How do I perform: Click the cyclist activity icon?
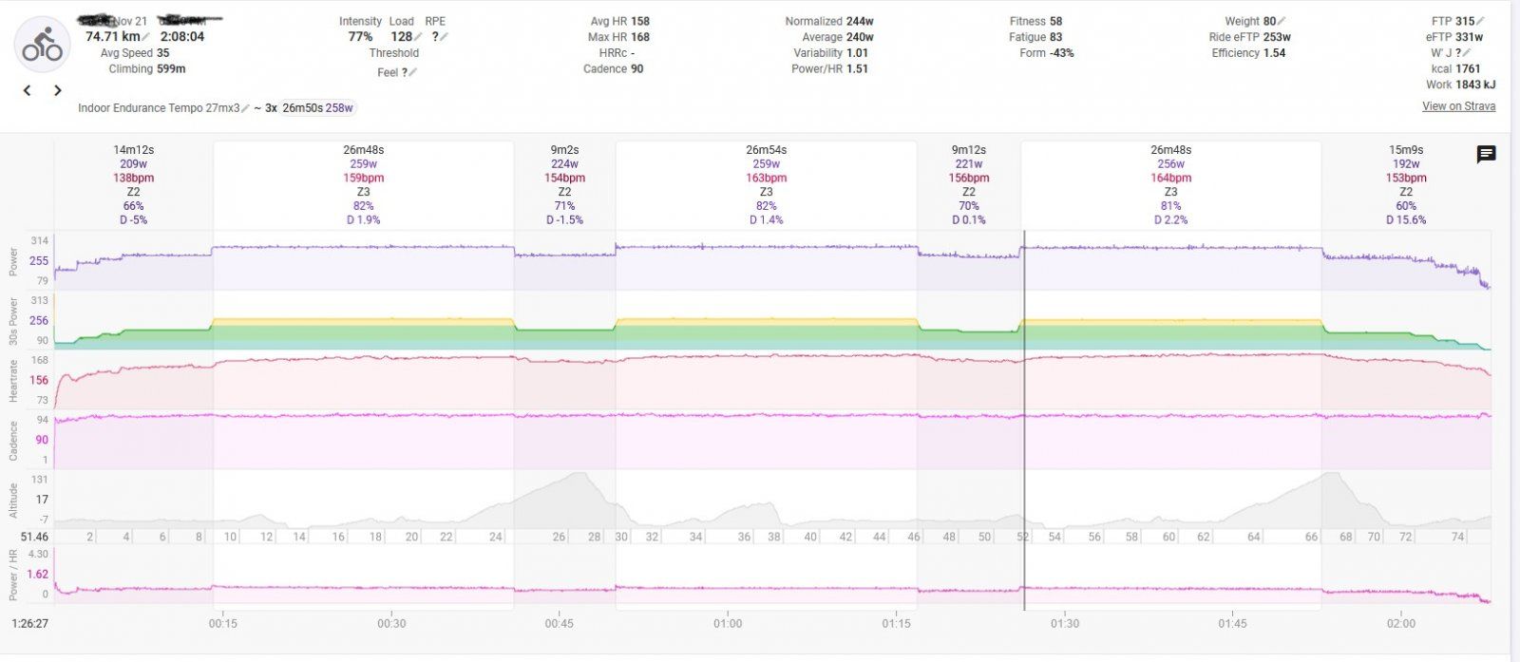(43, 44)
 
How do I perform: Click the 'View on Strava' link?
(1458, 106)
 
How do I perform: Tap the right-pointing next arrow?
(58, 90)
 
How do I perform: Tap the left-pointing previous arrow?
(28, 90)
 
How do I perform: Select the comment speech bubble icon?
(1486, 155)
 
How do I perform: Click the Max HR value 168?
(640, 37)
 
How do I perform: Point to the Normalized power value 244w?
(860, 21)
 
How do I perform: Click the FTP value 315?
(1466, 21)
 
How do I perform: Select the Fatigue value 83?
(1055, 37)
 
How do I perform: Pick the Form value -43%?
(1061, 53)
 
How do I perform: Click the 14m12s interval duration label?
(133, 150)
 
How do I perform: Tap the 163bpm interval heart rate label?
(766, 178)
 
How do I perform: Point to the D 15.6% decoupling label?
(1406, 219)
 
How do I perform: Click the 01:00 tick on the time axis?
(728, 624)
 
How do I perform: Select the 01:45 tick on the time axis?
(1232, 624)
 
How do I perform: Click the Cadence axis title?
(14, 441)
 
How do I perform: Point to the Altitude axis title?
(14, 501)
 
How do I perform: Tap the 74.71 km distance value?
(112, 37)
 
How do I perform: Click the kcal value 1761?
(1468, 69)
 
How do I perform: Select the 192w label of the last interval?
(1406, 163)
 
